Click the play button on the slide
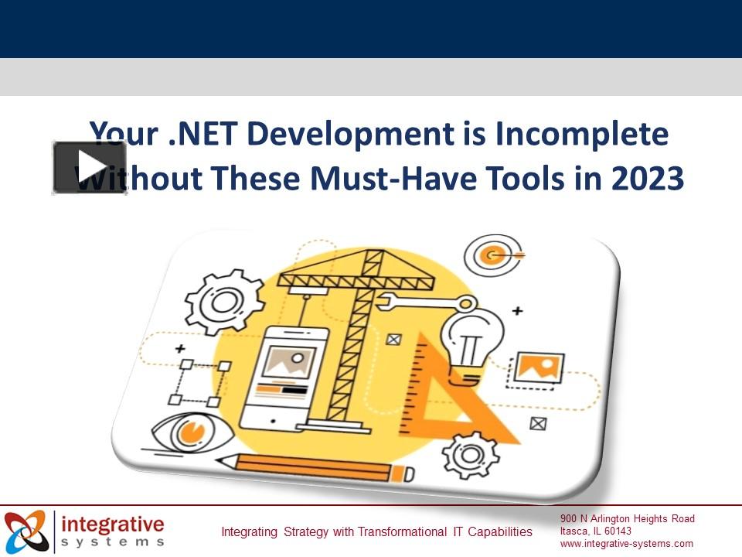[90, 167]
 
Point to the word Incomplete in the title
[581, 134]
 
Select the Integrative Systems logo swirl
[26, 531]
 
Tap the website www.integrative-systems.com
[627, 544]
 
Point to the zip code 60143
[618, 531]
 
